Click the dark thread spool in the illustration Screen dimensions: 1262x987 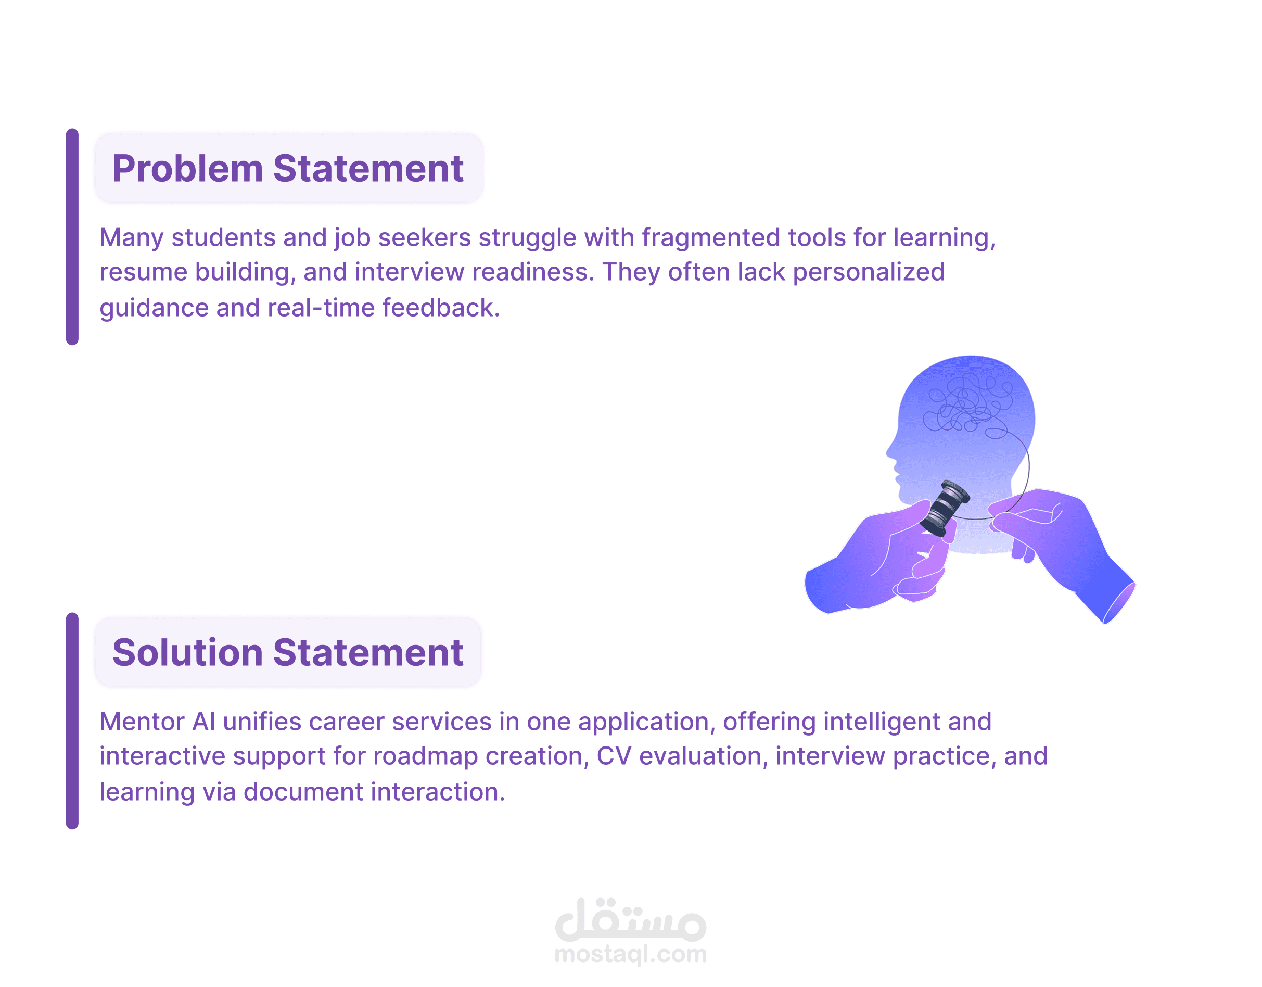[x=944, y=508]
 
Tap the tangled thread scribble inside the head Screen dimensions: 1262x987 [x=967, y=404]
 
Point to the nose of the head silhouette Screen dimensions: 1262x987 [x=890, y=453]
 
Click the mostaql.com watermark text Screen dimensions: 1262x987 [x=630, y=955]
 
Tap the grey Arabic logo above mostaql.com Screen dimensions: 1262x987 [x=630, y=919]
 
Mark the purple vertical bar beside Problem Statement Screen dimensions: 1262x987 [x=72, y=237]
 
